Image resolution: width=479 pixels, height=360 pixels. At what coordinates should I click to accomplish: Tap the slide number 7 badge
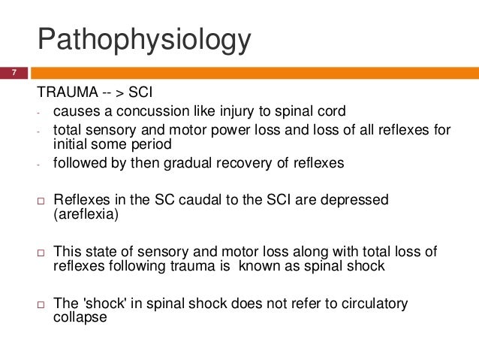[13, 73]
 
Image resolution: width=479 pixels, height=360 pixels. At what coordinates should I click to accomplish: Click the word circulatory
[372, 304]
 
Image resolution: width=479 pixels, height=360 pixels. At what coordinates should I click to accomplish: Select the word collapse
[80, 317]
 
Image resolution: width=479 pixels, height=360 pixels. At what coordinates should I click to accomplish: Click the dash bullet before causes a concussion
[38, 113]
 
